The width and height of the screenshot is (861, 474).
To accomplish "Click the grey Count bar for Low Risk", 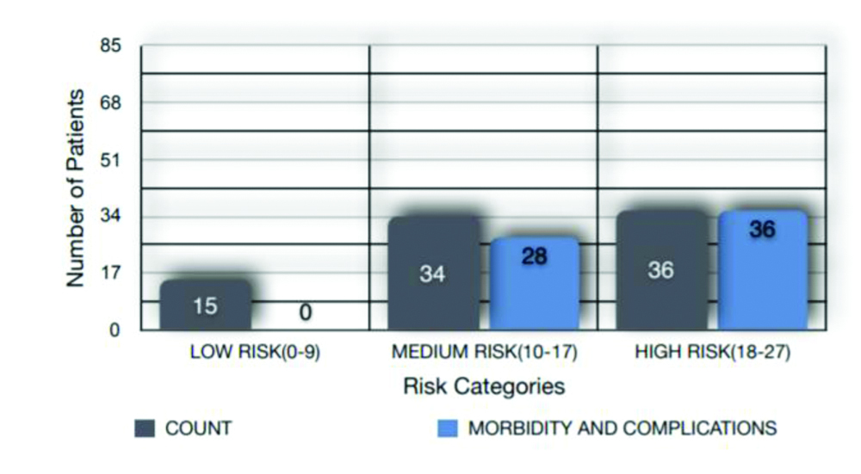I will [206, 305].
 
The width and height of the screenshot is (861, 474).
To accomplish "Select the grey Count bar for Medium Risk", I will [433, 273].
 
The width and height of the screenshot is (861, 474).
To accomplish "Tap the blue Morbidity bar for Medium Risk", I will [535, 284].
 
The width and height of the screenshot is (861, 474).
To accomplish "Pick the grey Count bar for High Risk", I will [661, 270].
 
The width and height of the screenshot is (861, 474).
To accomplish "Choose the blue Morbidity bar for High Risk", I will [763, 270].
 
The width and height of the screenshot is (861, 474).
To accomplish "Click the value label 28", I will [535, 256].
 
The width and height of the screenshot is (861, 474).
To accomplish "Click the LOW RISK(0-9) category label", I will [256, 353].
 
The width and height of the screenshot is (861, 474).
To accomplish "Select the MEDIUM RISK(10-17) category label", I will [484, 353].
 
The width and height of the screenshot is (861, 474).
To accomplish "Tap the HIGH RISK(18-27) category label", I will [712, 353].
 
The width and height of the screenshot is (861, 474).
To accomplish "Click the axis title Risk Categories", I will [484, 386].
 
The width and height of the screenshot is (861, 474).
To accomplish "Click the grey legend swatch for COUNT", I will [144, 428].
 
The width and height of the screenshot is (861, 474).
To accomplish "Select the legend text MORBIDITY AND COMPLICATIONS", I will [623, 428].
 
